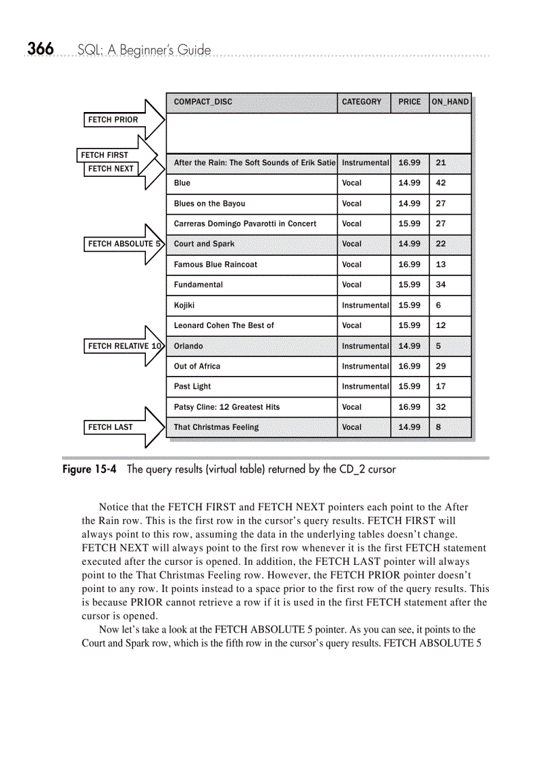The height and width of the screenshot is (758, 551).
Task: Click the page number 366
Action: tap(40, 49)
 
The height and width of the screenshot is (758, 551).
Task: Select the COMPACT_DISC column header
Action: tap(203, 102)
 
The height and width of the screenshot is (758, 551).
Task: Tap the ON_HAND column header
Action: tap(450, 102)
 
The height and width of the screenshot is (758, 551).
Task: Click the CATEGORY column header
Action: tap(361, 102)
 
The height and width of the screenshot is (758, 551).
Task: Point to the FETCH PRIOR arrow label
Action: tap(113, 120)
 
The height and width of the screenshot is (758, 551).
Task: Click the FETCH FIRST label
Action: tap(105, 155)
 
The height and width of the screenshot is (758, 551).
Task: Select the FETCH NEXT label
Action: tap(111, 169)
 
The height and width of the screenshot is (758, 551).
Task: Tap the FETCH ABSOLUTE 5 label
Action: tap(124, 244)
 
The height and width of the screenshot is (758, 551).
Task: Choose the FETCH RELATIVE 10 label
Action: tap(124, 346)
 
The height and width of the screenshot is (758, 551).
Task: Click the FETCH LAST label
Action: tap(111, 427)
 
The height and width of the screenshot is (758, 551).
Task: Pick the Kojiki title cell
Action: tap(184, 305)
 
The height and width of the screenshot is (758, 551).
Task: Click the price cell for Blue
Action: tap(409, 183)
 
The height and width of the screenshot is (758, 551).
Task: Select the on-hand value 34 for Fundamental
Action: tap(441, 285)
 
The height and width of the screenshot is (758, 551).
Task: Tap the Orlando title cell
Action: tap(188, 346)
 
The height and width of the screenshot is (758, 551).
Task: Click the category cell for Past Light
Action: tap(365, 387)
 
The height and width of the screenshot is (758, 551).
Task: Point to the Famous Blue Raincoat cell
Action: tap(215, 265)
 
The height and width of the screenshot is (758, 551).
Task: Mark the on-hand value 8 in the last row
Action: tap(439, 427)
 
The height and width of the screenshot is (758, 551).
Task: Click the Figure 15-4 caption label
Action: tap(89, 469)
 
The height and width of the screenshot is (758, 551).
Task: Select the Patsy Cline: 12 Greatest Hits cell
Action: tap(227, 407)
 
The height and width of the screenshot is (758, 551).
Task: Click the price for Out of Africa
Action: tap(409, 367)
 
